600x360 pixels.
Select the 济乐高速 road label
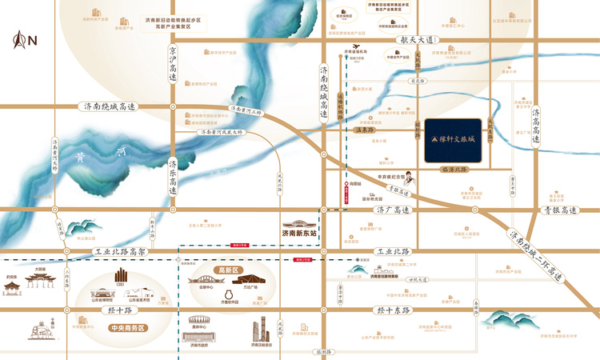(x=172, y=178)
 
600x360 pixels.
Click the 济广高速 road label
(x=392, y=210)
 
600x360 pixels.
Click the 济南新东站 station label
(x=299, y=234)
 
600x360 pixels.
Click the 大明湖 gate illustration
(x=41, y=279)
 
